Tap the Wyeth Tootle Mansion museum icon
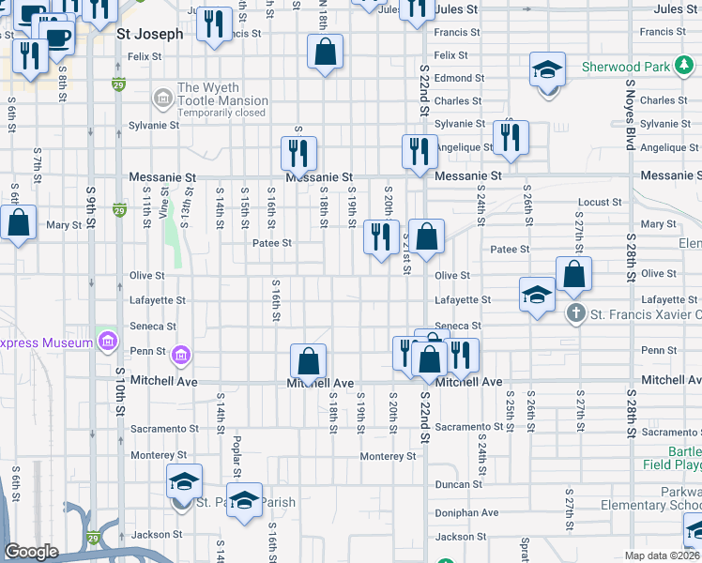162,96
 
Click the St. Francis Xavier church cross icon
576,313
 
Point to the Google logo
31,552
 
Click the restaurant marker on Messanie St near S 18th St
298,153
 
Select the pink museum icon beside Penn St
181,355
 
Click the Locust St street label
594,202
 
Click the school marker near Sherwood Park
546,69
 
